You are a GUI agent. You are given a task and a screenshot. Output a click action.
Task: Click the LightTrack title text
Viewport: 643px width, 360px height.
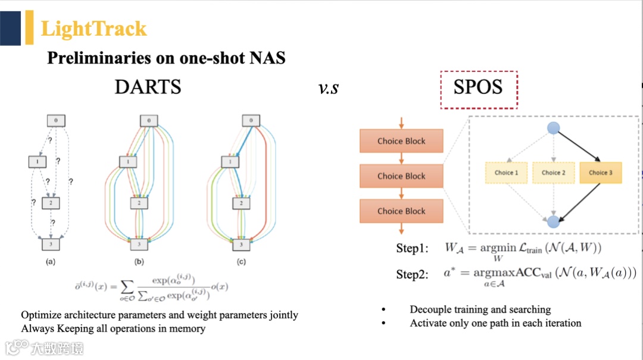tap(93, 29)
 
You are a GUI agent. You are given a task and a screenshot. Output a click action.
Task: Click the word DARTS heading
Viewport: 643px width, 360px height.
tap(148, 87)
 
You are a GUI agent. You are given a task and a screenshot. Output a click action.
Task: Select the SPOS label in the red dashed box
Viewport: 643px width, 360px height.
tap(478, 87)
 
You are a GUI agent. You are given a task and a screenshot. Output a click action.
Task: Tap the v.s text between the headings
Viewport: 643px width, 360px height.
tap(328, 88)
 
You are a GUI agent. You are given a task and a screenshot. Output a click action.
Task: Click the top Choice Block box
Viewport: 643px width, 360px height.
tap(401, 141)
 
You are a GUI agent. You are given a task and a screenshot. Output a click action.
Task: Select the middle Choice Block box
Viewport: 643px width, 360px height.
tap(401, 176)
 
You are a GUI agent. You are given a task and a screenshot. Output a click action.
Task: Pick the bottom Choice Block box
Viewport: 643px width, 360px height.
tap(401, 211)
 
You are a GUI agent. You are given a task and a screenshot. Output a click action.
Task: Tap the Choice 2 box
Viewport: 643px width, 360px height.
tap(554, 173)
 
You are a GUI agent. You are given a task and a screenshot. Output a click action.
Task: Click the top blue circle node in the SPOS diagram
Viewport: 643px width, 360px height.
tap(554, 127)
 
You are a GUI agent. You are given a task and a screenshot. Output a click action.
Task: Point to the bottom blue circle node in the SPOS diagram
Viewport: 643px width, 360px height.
tap(554, 222)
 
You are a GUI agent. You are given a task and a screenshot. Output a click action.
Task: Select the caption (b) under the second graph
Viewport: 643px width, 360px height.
tap(139, 261)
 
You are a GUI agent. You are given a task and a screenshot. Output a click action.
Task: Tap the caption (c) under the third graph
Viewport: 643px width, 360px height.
tap(241, 261)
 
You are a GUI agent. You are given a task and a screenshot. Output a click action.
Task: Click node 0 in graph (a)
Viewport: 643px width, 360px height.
tap(55, 120)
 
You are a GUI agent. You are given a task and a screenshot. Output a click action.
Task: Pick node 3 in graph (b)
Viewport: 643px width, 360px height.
tap(139, 244)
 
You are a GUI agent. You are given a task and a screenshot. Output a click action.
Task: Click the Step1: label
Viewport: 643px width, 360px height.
tap(412, 249)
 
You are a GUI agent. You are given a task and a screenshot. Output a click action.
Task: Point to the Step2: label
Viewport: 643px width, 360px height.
tap(412, 274)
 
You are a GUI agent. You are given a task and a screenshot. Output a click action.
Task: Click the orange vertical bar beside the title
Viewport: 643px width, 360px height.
tap(29, 27)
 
